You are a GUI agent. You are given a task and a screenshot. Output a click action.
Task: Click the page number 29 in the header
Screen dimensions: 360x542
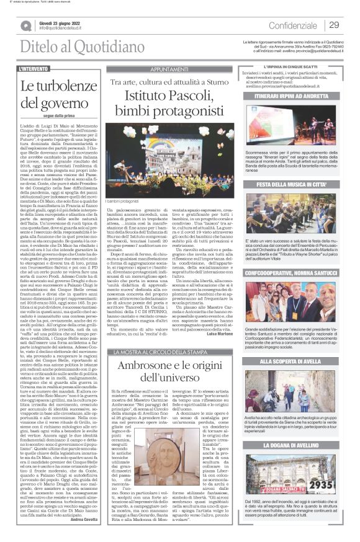tap(334, 25)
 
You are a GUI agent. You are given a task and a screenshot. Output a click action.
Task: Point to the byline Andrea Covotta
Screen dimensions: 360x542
tap(86, 519)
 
